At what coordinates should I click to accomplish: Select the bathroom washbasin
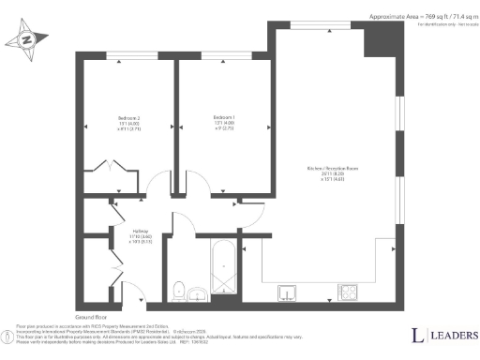click(x=199, y=295)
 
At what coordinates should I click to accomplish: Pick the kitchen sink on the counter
click(x=288, y=294)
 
